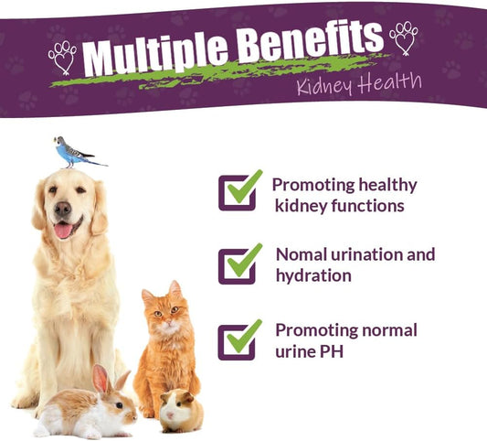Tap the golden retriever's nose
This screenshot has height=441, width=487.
[x=63, y=209]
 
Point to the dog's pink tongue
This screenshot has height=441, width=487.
[x=63, y=231]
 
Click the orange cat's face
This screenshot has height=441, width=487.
[x=166, y=314]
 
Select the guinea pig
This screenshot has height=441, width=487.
[x=181, y=411]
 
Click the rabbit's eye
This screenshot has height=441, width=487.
[x=119, y=405]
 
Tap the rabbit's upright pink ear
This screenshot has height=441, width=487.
[x=100, y=379]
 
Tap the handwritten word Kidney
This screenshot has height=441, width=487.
[x=324, y=86]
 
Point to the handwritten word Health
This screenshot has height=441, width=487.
[x=390, y=81]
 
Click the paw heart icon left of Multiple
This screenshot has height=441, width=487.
[x=63, y=58]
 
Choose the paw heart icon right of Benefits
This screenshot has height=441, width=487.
[x=403, y=38]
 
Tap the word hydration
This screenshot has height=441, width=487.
[x=313, y=276]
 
